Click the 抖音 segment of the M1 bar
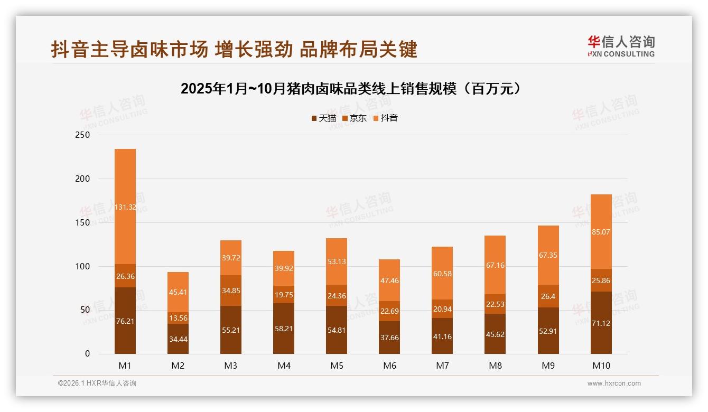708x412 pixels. point(125,207)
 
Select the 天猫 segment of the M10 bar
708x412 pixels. point(601,323)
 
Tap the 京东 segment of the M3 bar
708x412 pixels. point(231,291)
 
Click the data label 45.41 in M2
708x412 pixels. point(178,292)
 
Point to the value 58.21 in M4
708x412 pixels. point(284,329)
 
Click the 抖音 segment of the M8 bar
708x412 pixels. point(495,265)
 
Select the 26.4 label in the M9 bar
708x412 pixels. point(548,298)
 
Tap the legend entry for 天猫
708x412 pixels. point(323,118)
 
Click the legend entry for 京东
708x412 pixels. point(355,118)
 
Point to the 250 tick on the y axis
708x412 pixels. point(83,135)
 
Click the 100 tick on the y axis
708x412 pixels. point(83,266)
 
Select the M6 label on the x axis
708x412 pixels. point(389,366)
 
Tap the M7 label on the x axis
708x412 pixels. point(442,366)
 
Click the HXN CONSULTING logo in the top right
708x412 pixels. point(621,46)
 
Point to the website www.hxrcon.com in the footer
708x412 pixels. point(614,383)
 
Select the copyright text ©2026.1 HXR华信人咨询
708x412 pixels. point(97,383)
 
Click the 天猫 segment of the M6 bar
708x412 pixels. point(389,338)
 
